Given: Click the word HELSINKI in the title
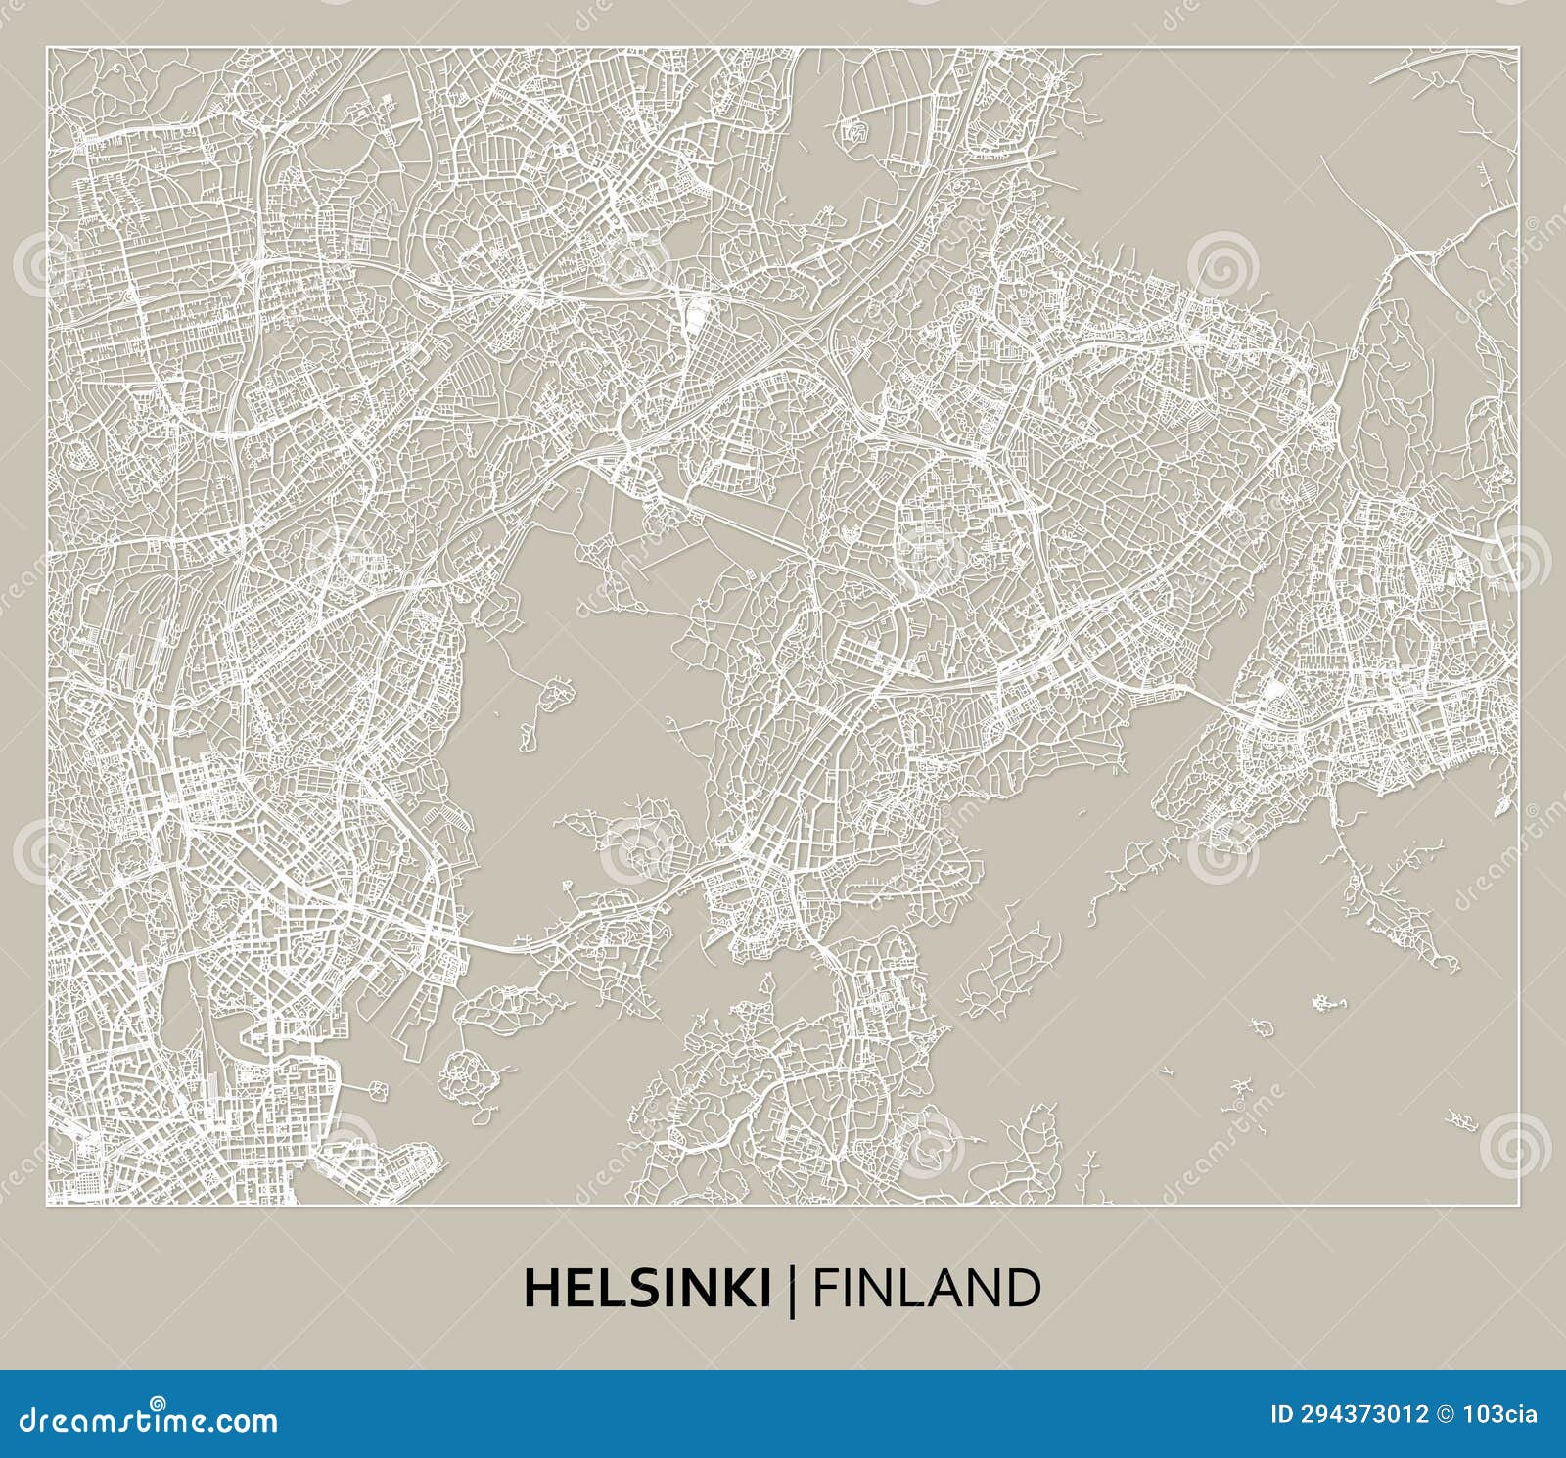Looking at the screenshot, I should tap(647, 1288).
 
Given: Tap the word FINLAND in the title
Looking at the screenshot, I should tap(926, 1288).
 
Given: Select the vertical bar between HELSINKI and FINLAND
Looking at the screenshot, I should tap(791, 1288).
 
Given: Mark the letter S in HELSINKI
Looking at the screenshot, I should tap(639, 1288).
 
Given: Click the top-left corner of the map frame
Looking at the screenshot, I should tap(46, 47).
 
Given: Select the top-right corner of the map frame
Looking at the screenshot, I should tap(1519, 47).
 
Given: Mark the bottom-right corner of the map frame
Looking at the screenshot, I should tap(1519, 1205).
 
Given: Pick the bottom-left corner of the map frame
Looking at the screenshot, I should tap(46, 1205).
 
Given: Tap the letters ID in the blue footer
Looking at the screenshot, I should tap(1281, 1414).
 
